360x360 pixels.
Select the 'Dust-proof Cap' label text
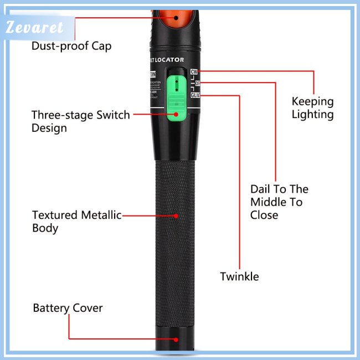click(71, 46)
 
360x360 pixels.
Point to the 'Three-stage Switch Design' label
click(80, 121)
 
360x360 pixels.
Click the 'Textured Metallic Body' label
click(76, 221)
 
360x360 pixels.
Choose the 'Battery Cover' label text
click(68, 308)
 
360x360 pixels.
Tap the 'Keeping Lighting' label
click(313, 108)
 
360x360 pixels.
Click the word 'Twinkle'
click(239, 276)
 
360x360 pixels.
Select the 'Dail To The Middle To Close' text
click(279, 202)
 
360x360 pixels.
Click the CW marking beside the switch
click(194, 72)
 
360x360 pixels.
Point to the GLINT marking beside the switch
click(196, 95)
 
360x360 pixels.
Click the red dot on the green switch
click(177, 115)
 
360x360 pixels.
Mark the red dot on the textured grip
click(177, 215)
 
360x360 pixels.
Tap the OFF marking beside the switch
click(197, 83)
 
